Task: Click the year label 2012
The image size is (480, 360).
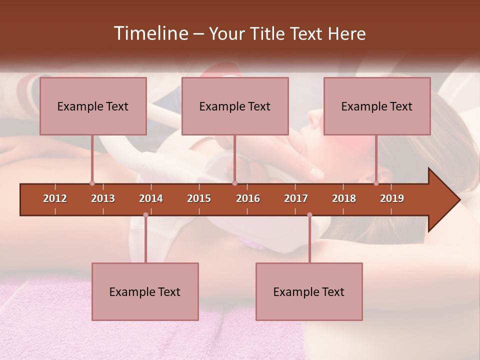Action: click(55, 198)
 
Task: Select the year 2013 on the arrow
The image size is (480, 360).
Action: click(103, 198)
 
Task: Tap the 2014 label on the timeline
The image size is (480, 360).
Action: click(151, 198)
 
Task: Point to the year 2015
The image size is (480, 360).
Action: click(199, 198)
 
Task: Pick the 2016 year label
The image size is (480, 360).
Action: click(248, 198)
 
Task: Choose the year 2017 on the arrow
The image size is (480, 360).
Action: click(296, 198)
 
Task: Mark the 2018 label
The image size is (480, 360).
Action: click(344, 198)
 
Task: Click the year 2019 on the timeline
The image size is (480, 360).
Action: click(392, 198)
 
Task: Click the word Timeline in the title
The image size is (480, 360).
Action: click(150, 33)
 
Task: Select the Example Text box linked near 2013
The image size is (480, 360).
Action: click(93, 106)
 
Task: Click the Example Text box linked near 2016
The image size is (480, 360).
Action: click(235, 106)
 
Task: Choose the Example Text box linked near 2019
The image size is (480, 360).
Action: click(377, 106)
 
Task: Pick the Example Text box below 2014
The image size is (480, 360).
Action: click(145, 291)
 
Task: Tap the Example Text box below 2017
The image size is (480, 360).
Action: click(309, 291)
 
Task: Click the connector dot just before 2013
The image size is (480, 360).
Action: click(92, 183)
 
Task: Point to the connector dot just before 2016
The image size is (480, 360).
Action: click(234, 183)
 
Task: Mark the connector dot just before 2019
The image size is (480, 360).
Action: click(376, 183)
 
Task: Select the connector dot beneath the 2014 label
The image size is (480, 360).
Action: click(145, 215)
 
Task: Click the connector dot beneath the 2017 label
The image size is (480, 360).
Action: click(309, 215)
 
